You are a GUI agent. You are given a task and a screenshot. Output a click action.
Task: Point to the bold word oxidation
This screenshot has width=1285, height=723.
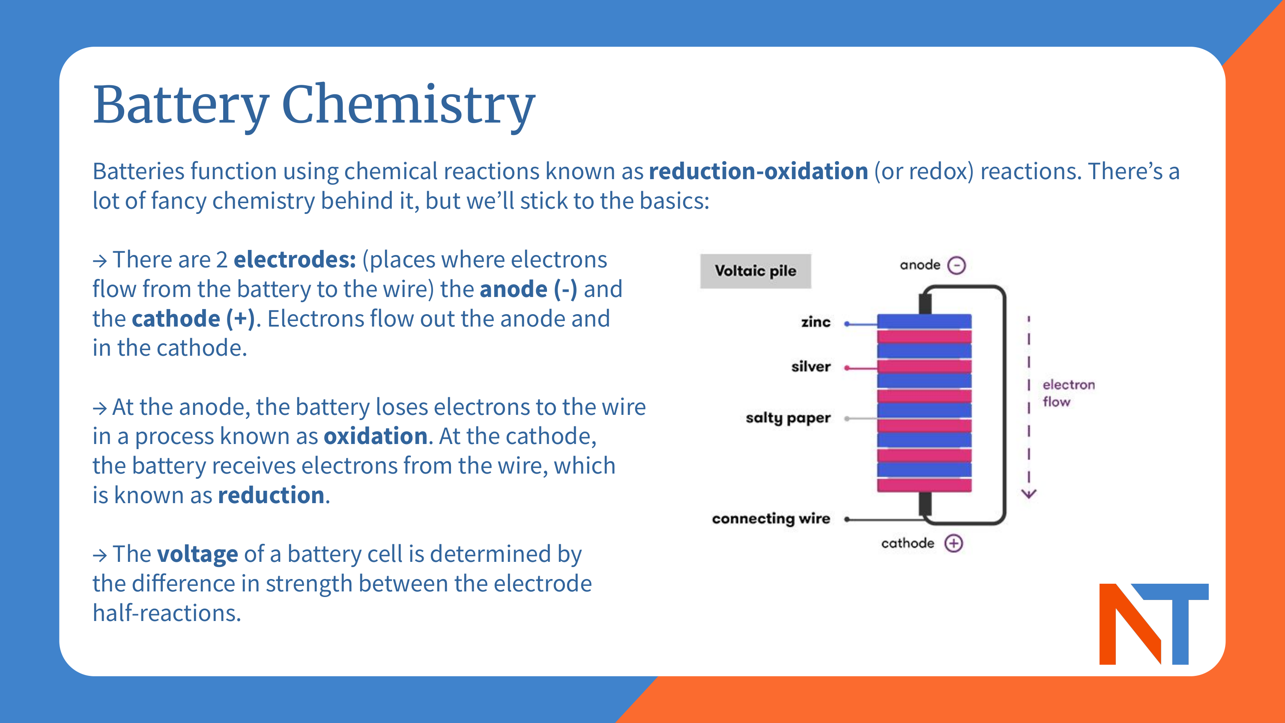[x=375, y=437]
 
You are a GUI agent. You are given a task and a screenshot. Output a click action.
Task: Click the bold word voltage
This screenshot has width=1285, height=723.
[x=197, y=554]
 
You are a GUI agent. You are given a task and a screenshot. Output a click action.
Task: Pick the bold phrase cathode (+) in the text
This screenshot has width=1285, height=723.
[x=194, y=319]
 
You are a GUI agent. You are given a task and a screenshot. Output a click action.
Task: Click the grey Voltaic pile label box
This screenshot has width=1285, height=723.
[x=755, y=271]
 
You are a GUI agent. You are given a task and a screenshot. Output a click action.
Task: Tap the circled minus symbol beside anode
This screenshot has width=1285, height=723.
[x=956, y=265]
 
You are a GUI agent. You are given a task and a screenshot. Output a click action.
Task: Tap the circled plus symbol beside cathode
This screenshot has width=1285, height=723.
[x=954, y=543]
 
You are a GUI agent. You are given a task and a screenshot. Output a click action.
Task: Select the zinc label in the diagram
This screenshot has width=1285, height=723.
[x=816, y=322]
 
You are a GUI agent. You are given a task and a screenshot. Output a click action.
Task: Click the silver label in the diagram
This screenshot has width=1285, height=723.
[x=810, y=367]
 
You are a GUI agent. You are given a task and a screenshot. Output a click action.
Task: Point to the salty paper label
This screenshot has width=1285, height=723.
[x=788, y=418]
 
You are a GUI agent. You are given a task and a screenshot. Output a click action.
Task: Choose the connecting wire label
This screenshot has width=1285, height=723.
[x=771, y=519]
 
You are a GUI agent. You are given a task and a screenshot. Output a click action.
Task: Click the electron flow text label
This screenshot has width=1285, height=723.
[x=1067, y=393]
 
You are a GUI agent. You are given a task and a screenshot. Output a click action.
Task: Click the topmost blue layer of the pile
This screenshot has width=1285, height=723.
[x=924, y=321]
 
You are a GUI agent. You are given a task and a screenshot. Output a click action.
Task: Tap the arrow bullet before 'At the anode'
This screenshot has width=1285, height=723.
[x=100, y=408]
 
